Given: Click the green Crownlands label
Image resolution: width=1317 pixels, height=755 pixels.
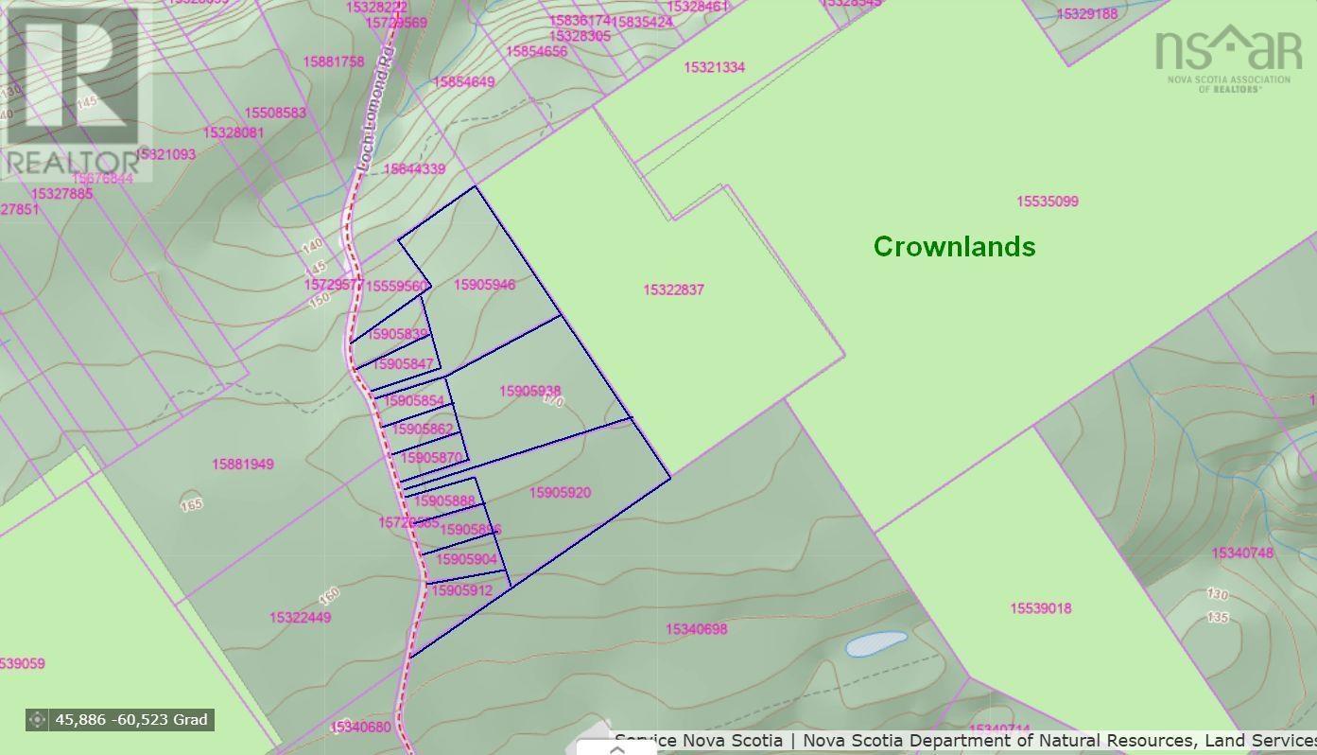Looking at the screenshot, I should [954, 246].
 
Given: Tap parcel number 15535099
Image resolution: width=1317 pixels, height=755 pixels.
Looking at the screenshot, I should [1047, 202].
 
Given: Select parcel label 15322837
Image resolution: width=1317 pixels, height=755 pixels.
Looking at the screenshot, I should [673, 290].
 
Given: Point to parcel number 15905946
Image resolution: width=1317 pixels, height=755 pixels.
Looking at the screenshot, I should [484, 285].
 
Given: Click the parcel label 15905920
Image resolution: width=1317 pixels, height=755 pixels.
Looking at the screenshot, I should [560, 492].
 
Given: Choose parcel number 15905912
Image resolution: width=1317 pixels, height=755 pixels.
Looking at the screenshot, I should [461, 590].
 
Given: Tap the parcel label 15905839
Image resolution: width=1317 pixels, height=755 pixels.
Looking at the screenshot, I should [398, 334].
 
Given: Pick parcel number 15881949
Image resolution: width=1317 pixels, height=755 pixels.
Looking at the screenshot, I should [243, 464].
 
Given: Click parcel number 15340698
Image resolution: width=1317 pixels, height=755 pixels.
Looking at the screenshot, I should [696, 629].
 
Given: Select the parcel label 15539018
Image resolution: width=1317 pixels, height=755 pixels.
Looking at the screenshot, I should [1041, 608].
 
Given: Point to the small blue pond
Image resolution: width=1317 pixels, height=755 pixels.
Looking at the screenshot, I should [875, 644].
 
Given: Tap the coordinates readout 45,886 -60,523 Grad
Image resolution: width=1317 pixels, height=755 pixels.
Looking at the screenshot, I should [130, 719].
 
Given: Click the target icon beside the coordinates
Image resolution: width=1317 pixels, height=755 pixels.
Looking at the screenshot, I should [37, 719].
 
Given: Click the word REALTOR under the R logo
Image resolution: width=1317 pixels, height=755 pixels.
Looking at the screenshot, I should [74, 162].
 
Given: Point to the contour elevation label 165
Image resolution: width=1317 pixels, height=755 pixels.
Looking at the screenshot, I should [191, 504].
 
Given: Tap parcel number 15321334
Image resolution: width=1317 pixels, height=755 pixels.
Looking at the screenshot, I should [714, 67].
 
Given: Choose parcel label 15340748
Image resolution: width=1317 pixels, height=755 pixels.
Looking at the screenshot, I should [1242, 553].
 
